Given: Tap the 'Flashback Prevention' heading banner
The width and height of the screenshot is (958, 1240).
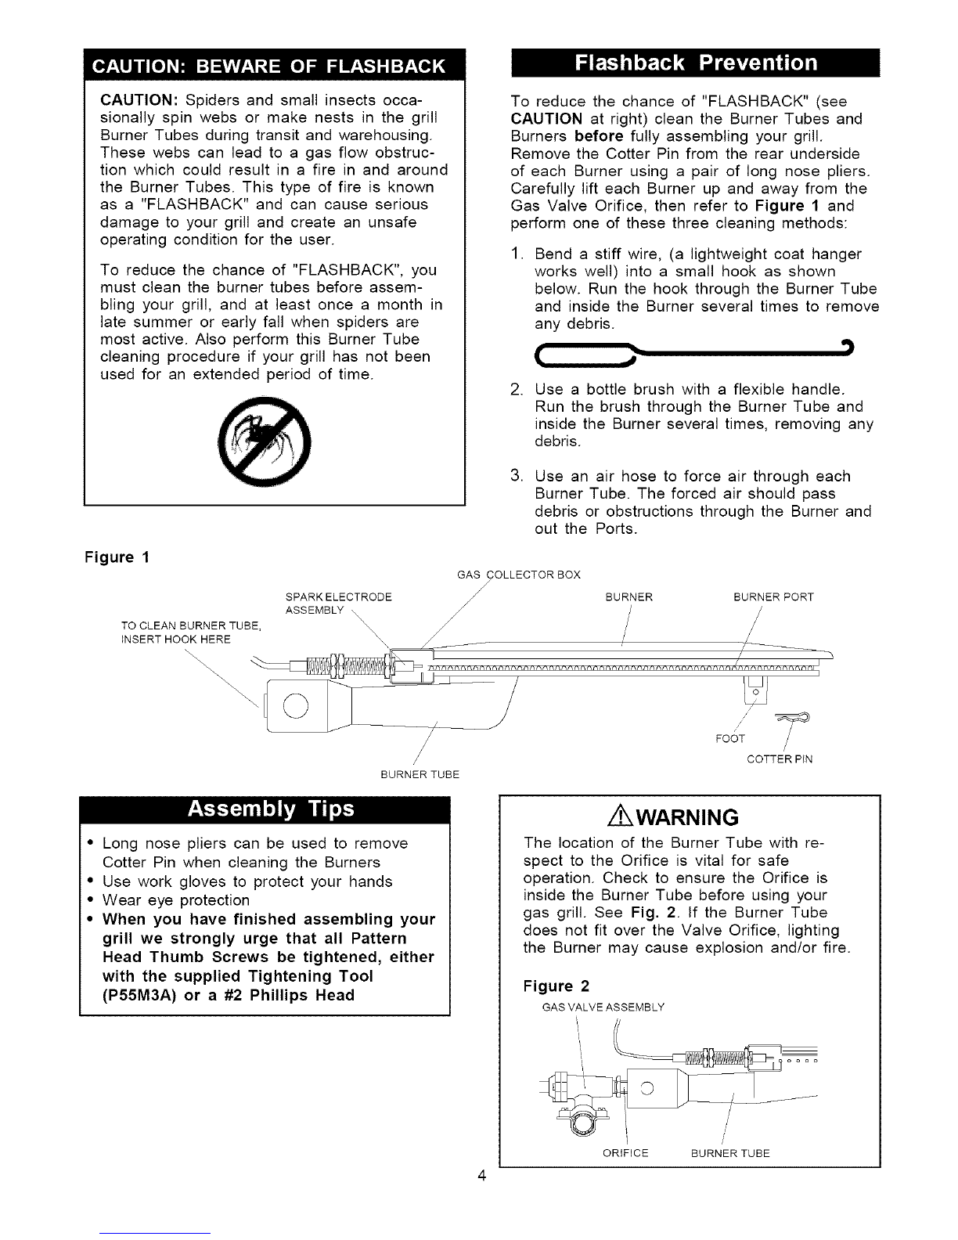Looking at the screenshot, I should coord(695,63).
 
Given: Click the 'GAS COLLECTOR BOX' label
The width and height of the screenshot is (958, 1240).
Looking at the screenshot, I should coord(518,575).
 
